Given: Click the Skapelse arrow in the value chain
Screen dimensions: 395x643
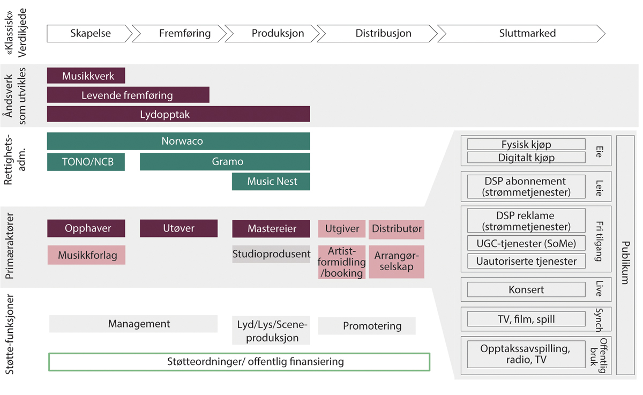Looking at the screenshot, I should (x=90, y=33).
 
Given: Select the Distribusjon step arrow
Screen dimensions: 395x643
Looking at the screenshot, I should (x=383, y=33).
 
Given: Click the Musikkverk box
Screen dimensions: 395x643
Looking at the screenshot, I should (x=86, y=76).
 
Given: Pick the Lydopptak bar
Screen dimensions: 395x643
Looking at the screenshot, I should (x=178, y=114).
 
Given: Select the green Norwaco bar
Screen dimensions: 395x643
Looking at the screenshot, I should (x=178, y=141).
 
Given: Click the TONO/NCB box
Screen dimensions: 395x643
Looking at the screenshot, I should (x=86, y=162).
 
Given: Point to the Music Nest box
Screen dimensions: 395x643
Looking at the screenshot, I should (x=271, y=182).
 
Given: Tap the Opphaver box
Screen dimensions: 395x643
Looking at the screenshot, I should (x=86, y=228).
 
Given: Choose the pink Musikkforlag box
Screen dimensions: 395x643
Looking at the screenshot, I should (x=86, y=255).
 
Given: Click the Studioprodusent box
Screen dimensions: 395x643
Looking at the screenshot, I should (x=271, y=254).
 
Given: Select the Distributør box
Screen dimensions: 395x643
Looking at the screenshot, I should (x=397, y=229).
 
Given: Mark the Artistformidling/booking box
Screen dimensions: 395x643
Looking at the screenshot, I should (x=342, y=262).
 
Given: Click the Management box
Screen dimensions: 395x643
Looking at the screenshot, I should (x=133, y=324).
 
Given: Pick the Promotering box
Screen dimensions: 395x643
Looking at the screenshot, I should (x=367, y=326).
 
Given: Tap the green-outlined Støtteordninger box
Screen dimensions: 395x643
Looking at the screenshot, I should (x=239, y=362).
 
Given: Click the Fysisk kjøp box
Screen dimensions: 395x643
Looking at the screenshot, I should (x=526, y=144).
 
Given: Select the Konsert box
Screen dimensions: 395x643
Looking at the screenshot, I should (x=526, y=290).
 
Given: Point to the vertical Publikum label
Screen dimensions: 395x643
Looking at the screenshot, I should (x=624, y=255).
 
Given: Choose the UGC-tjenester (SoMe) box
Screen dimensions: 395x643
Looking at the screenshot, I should (x=526, y=243).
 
